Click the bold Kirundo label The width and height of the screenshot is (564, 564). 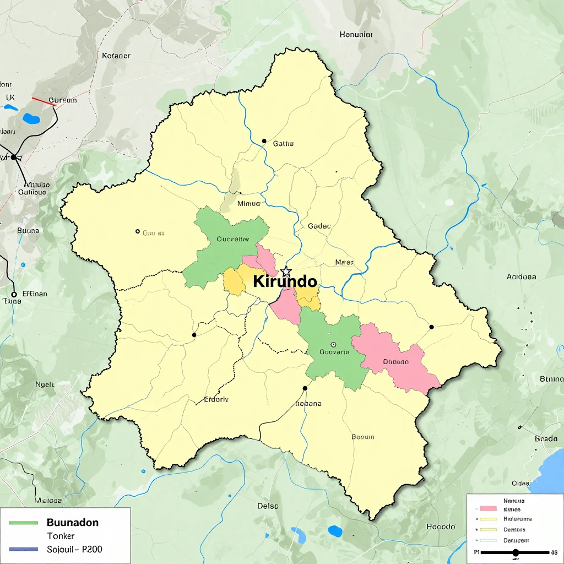[285, 281]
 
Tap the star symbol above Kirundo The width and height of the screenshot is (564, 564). [286, 271]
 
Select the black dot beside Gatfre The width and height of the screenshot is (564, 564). [264, 141]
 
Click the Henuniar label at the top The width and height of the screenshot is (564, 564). [356, 34]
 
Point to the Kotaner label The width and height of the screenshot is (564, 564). [116, 56]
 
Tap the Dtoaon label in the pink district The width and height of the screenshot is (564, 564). [396, 362]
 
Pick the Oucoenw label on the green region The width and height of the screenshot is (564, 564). [233, 239]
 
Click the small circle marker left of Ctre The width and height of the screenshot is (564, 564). [138, 231]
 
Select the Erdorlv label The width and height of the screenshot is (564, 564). [216, 400]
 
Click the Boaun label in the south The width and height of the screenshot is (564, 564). [362, 437]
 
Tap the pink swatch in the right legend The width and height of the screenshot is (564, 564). [489, 509]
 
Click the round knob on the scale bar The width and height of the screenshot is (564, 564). [516, 552]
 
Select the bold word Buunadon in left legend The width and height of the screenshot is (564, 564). [73, 522]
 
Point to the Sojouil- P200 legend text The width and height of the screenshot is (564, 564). [74, 549]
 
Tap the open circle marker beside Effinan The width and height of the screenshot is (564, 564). [14, 294]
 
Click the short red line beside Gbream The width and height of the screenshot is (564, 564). [41, 101]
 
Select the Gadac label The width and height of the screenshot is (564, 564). [319, 226]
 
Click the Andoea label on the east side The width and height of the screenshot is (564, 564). [521, 276]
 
